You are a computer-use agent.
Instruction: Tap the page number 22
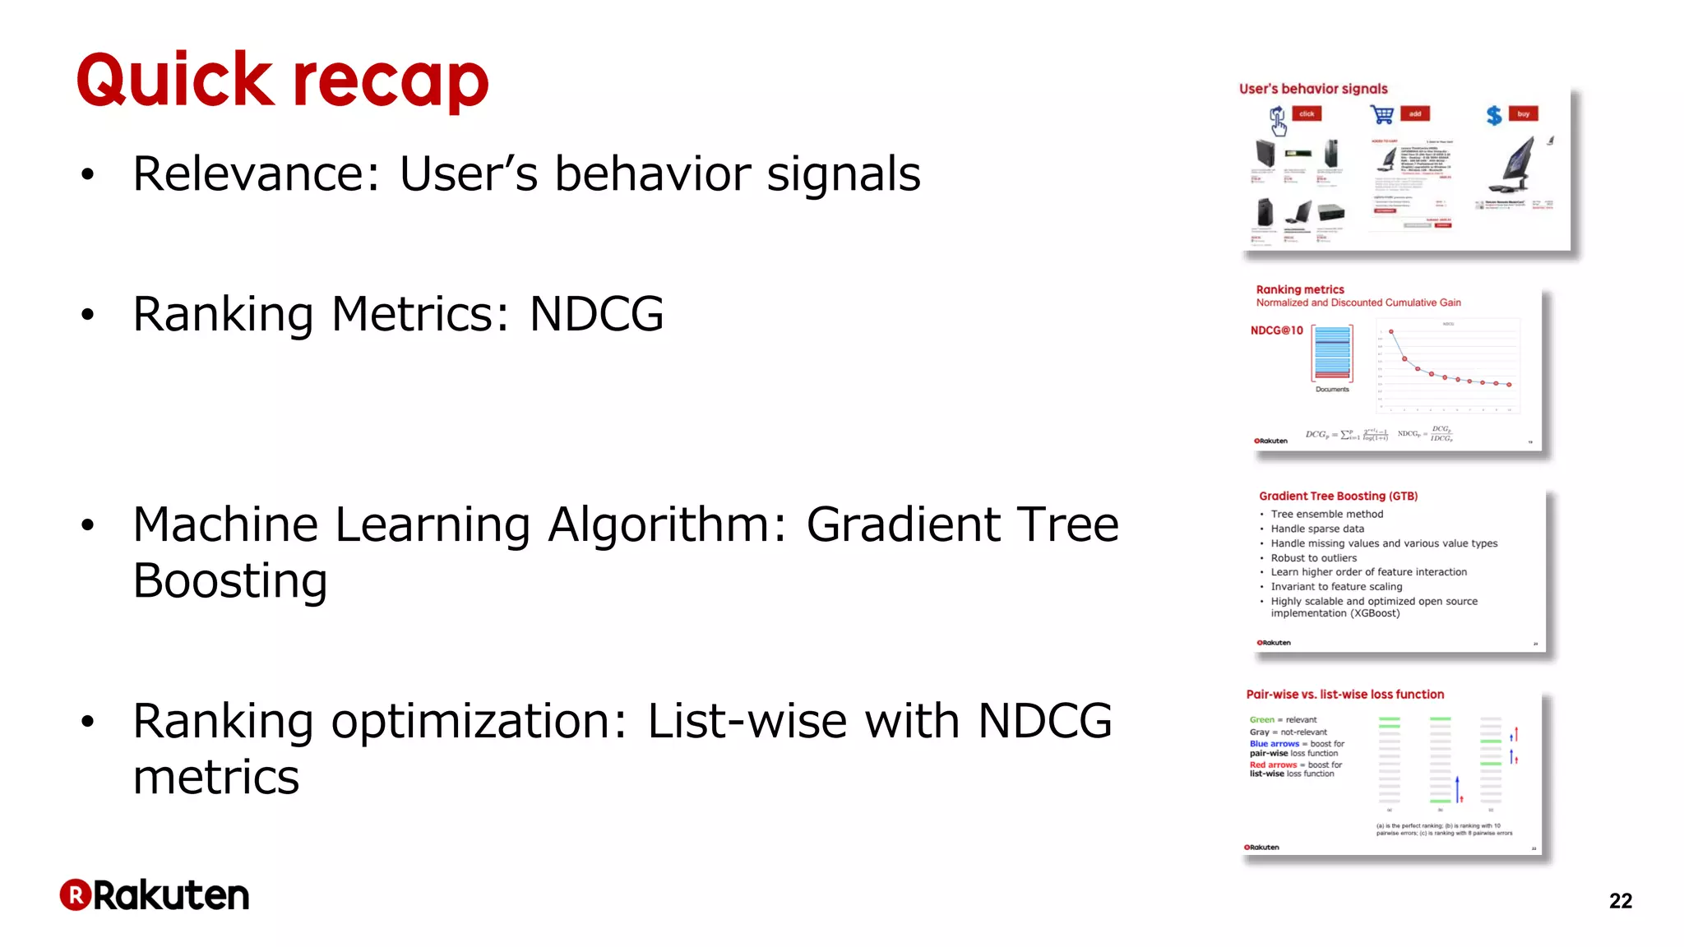1620,901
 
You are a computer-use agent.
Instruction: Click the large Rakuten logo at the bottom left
155,895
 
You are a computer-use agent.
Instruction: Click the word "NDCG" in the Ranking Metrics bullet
596,314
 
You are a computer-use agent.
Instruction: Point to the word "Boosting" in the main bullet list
230,581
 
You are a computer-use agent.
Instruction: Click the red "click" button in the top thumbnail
1307,114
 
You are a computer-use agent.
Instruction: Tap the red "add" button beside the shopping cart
1415,114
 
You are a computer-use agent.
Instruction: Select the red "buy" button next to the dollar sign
1523,114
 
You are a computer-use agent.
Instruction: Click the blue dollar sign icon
1494,116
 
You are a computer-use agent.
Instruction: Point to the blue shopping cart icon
1382,115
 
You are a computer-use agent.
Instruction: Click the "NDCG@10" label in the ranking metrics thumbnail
1276,330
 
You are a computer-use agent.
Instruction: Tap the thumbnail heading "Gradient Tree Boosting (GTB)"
1338,497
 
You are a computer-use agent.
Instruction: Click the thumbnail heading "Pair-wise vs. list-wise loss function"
1344,695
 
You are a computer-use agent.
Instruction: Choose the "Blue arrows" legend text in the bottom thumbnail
1274,744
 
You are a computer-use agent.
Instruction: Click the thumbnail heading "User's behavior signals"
1313,89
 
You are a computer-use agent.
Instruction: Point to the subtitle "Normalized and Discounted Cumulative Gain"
1358,303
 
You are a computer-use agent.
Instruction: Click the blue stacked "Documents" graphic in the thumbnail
1332,353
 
